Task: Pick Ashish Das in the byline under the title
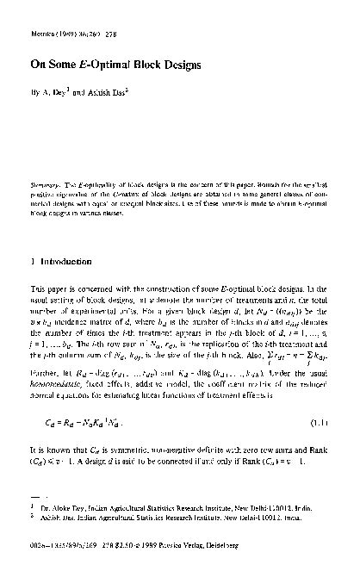115,91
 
